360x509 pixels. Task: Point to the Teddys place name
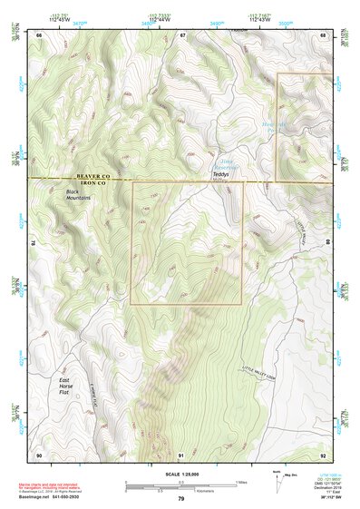(221, 174)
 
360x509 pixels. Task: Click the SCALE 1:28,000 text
(180, 475)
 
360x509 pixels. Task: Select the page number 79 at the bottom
(180, 499)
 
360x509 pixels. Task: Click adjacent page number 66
(39, 34)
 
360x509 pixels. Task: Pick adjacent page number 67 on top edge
(181, 34)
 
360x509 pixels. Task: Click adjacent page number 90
(39, 455)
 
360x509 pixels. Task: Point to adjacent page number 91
(181, 455)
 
